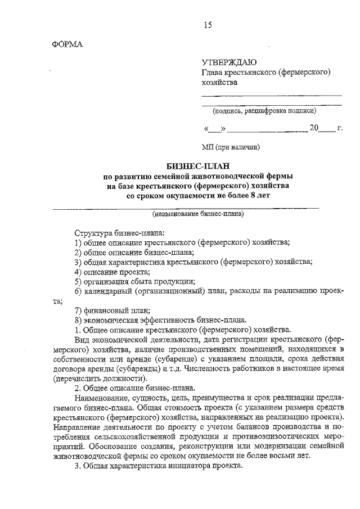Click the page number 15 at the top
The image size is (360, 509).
[208, 24]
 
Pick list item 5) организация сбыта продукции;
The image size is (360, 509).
[135, 281]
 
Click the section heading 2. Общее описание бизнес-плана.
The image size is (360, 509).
[135, 388]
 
